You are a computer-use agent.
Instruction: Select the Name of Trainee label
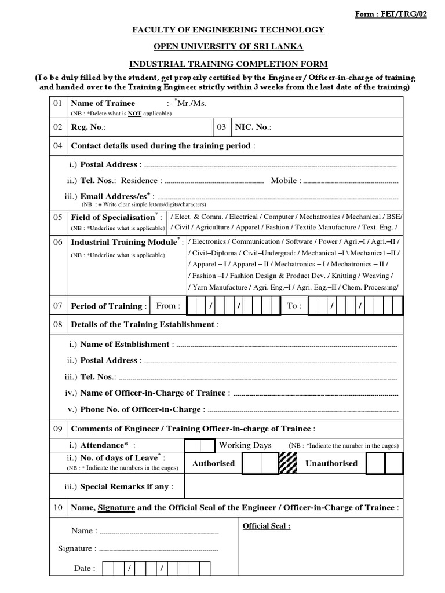(x=103, y=103)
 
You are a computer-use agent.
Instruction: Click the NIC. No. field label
(x=253, y=127)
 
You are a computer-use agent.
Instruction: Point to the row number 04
(x=57, y=146)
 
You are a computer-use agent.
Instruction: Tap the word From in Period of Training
(x=168, y=306)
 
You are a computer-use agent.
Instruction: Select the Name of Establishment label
(x=126, y=344)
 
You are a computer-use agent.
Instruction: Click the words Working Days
(x=245, y=445)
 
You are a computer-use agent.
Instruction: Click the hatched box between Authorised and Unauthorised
(x=289, y=464)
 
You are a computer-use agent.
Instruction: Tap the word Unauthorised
(x=331, y=463)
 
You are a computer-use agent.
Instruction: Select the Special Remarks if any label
(x=126, y=486)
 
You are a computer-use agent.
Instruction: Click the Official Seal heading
(x=266, y=526)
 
